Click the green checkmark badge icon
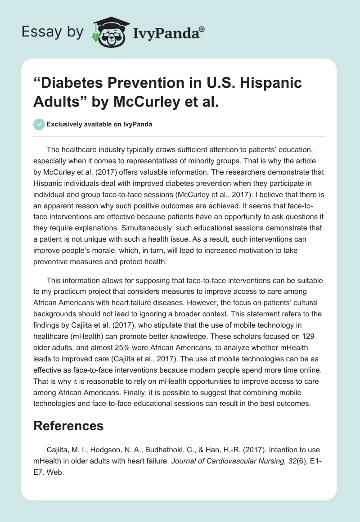(39, 124)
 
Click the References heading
(68, 426)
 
